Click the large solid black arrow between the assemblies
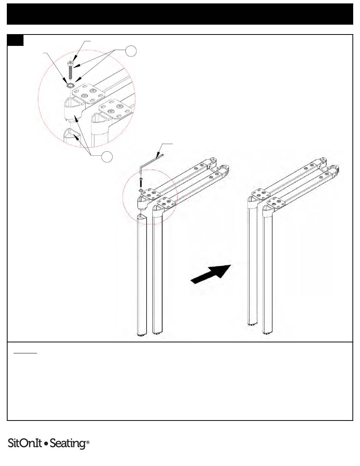coord(211,274)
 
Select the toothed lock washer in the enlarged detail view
coord(70,86)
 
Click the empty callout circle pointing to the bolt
coord(131,51)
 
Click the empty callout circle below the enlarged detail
coord(107,157)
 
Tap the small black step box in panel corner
coord(15,40)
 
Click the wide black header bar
coord(180,14)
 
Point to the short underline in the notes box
coord(25,353)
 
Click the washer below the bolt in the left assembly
coord(141,190)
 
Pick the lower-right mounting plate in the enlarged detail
coord(116,110)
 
